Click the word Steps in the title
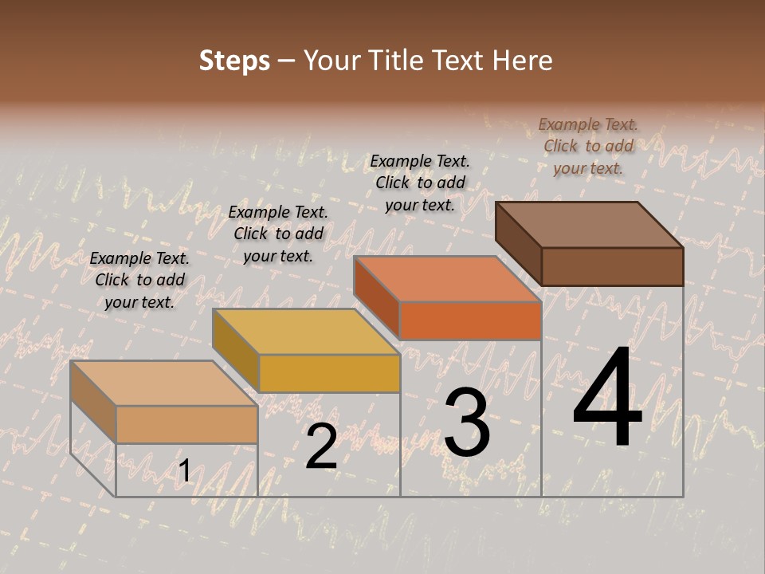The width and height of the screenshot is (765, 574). [234, 61]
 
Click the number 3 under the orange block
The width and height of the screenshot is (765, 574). [467, 423]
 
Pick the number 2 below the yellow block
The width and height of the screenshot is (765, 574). [321, 446]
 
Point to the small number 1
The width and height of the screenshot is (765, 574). [184, 472]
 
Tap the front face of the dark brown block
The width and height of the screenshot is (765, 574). [612, 266]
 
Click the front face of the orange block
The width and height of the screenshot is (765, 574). [470, 320]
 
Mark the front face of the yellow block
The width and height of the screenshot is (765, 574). [328, 373]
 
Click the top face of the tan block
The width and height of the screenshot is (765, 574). [164, 383]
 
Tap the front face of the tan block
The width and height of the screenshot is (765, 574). [186, 425]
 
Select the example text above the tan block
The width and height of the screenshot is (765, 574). [139, 280]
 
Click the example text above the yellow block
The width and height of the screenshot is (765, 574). [278, 234]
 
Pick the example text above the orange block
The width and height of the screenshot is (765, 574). [420, 183]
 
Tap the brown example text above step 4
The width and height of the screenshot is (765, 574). [588, 146]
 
